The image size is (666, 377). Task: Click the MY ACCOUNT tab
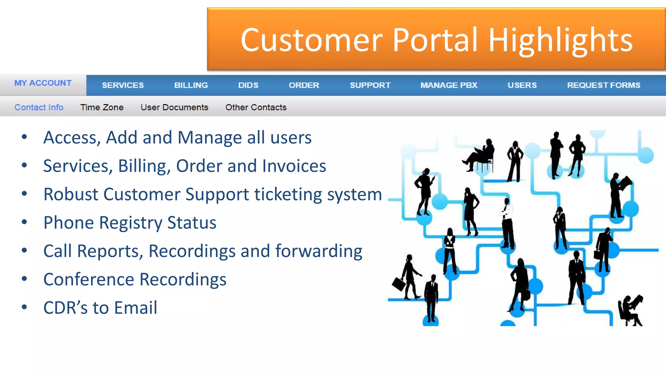coord(43,83)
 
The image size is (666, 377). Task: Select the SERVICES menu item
coord(123,85)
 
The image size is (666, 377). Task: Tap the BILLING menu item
coord(191,85)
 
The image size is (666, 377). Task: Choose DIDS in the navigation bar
coord(248,85)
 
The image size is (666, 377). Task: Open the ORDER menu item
coord(304,85)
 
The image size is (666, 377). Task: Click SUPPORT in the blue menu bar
coord(370,85)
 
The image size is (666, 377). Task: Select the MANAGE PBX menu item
coord(449,85)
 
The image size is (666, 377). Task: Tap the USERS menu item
coord(522,85)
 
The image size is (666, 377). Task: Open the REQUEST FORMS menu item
coord(604,85)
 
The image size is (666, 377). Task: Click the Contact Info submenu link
coord(39,107)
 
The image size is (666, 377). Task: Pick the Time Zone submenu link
coord(102,107)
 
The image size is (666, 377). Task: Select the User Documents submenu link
coord(174,107)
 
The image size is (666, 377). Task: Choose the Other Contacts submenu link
coord(256,107)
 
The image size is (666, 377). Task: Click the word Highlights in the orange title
coord(560,41)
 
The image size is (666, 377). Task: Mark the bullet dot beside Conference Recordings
coord(24,279)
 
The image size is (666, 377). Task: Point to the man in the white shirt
coord(507,224)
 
